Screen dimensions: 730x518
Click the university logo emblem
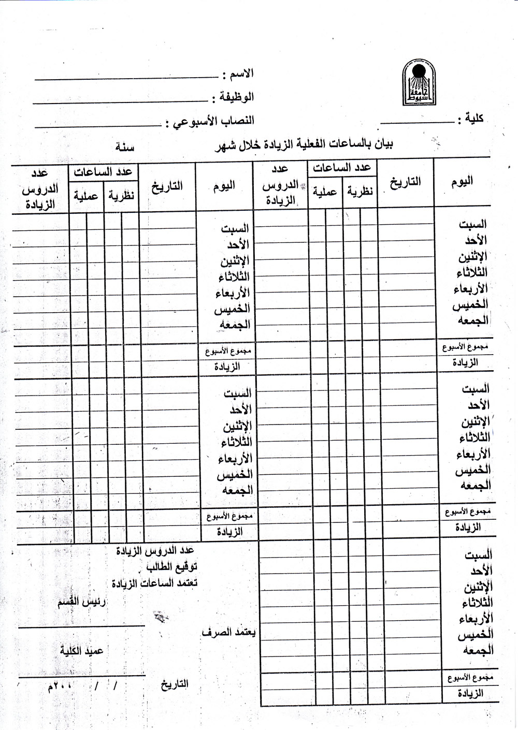pos(419,83)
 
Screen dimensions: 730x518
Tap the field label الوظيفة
pos(236,97)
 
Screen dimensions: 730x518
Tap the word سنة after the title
pos(125,147)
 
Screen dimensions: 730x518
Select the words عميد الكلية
pos(81,650)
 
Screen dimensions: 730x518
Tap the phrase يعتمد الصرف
pos(228,633)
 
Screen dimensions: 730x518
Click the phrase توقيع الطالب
pos(171,567)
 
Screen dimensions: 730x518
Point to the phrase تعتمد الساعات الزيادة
pos(154,583)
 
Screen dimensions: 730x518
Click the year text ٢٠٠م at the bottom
pos(60,687)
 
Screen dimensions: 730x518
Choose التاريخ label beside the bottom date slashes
pos(174,684)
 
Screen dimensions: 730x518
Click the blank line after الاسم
pos(127,79)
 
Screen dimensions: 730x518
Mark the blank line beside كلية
pos(417,122)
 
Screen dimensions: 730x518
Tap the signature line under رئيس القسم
pos(81,626)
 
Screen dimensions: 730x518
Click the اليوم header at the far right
pos(462,181)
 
